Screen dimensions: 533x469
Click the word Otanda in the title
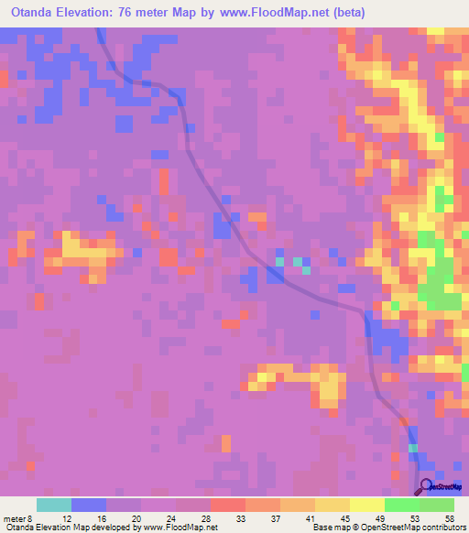pyautogui.click(x=37, y=13)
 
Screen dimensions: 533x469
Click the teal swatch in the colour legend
pyautogui.click(x=54, y=505)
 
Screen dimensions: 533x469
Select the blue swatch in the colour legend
pyautogui.click(x=89, y=505)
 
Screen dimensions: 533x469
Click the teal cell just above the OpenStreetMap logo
pyautogui.click(x=413, y=448)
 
